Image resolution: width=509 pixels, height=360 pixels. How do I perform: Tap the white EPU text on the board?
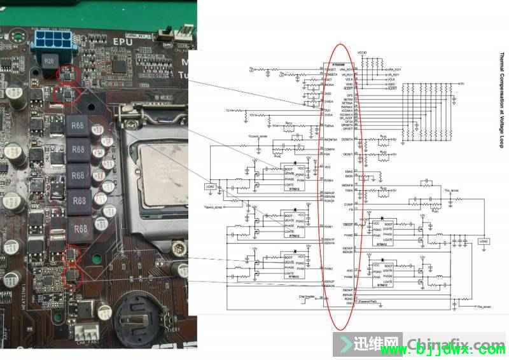pos(123,42)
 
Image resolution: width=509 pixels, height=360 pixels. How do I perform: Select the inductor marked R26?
pos(50,62)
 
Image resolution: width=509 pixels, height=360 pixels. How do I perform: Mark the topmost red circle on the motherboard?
pos(69,75)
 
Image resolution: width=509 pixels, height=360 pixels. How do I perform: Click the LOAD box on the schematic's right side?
pos(483,241)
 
